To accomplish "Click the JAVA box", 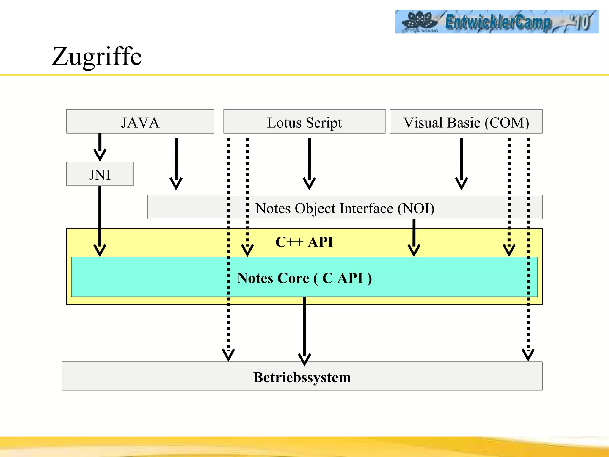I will click(140, 122).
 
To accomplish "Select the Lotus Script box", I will click(304, 122).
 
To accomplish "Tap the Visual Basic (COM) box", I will click(466, 122).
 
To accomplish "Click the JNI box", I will click(100, 174).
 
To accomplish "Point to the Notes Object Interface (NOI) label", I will click(345, 208).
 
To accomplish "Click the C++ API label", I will click(304, 242).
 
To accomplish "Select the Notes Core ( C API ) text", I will click(304, 278).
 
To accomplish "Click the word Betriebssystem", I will click(302, 377).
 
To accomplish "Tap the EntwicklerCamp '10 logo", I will click(496, 21).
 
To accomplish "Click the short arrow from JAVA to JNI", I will click(100, 147).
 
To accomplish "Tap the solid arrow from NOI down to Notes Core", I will click(414, 237).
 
